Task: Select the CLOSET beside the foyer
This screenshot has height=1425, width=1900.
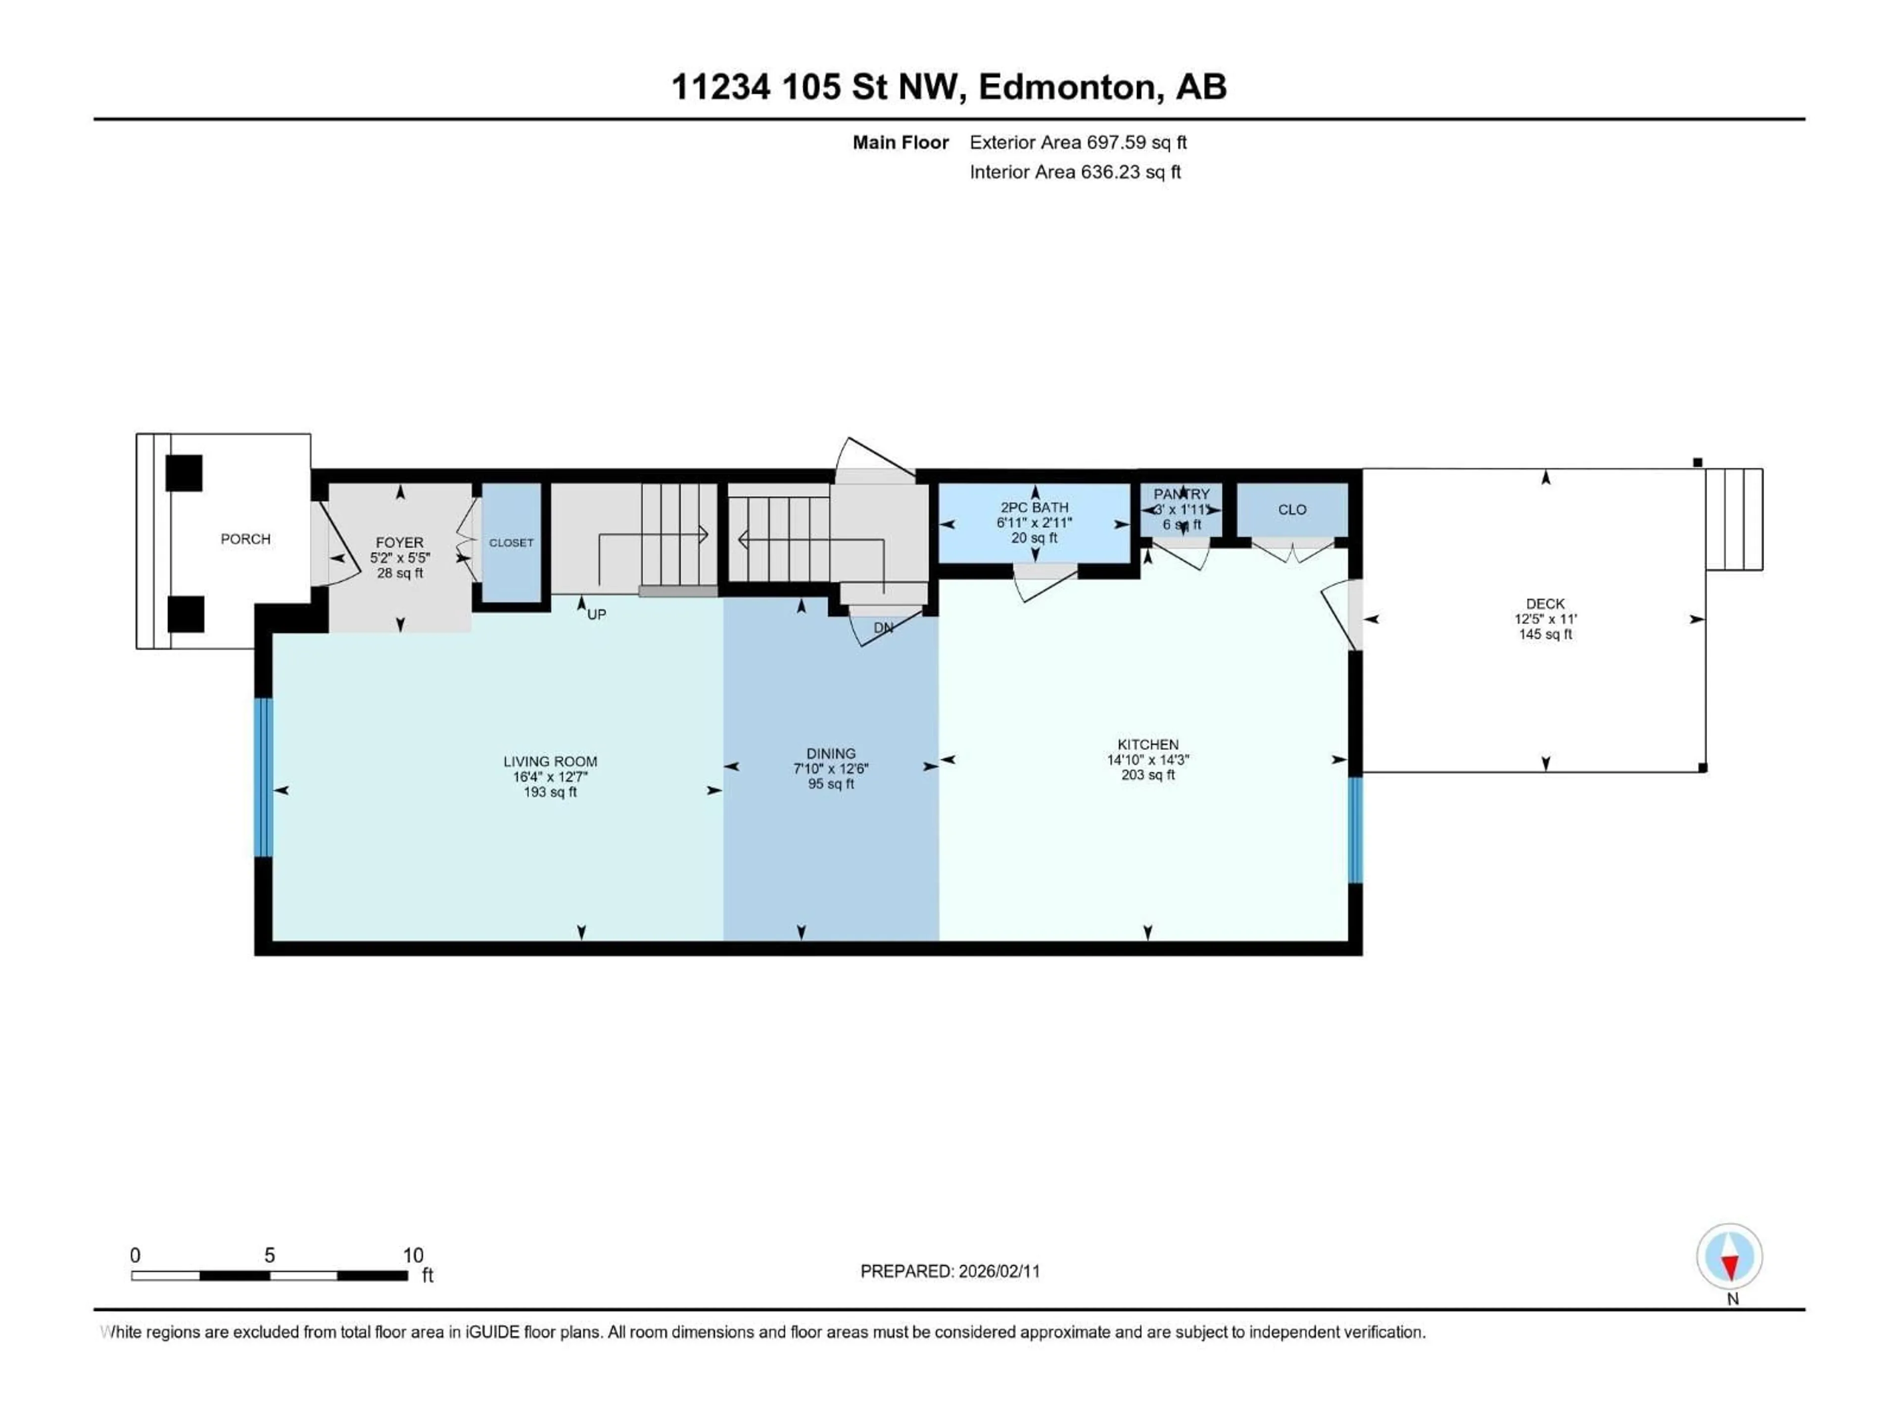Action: [x=511, y=543]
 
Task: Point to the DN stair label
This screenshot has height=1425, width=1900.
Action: [x=883, y=628]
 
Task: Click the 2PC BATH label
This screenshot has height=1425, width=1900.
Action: [x=1034, y=508]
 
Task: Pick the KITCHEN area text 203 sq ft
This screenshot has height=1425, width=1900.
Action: [x=1147, y=775]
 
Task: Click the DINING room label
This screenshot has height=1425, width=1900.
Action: [x=831, y=753]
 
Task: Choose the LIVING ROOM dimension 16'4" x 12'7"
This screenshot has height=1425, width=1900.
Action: [x=550, y=776]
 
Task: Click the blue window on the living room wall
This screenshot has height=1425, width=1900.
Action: [x=264, y=777]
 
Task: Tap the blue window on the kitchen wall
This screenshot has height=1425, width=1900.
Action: [x=1355, y=830]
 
